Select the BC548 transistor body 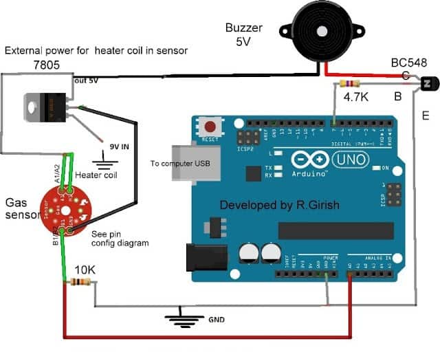427,84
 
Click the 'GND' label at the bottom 215,320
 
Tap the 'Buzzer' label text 245,28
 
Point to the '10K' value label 85,267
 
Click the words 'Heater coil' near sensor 96,175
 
